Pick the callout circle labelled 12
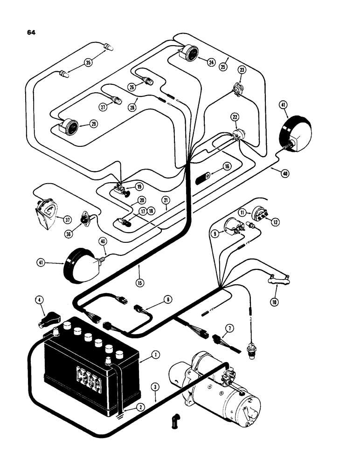click(276, 222)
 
